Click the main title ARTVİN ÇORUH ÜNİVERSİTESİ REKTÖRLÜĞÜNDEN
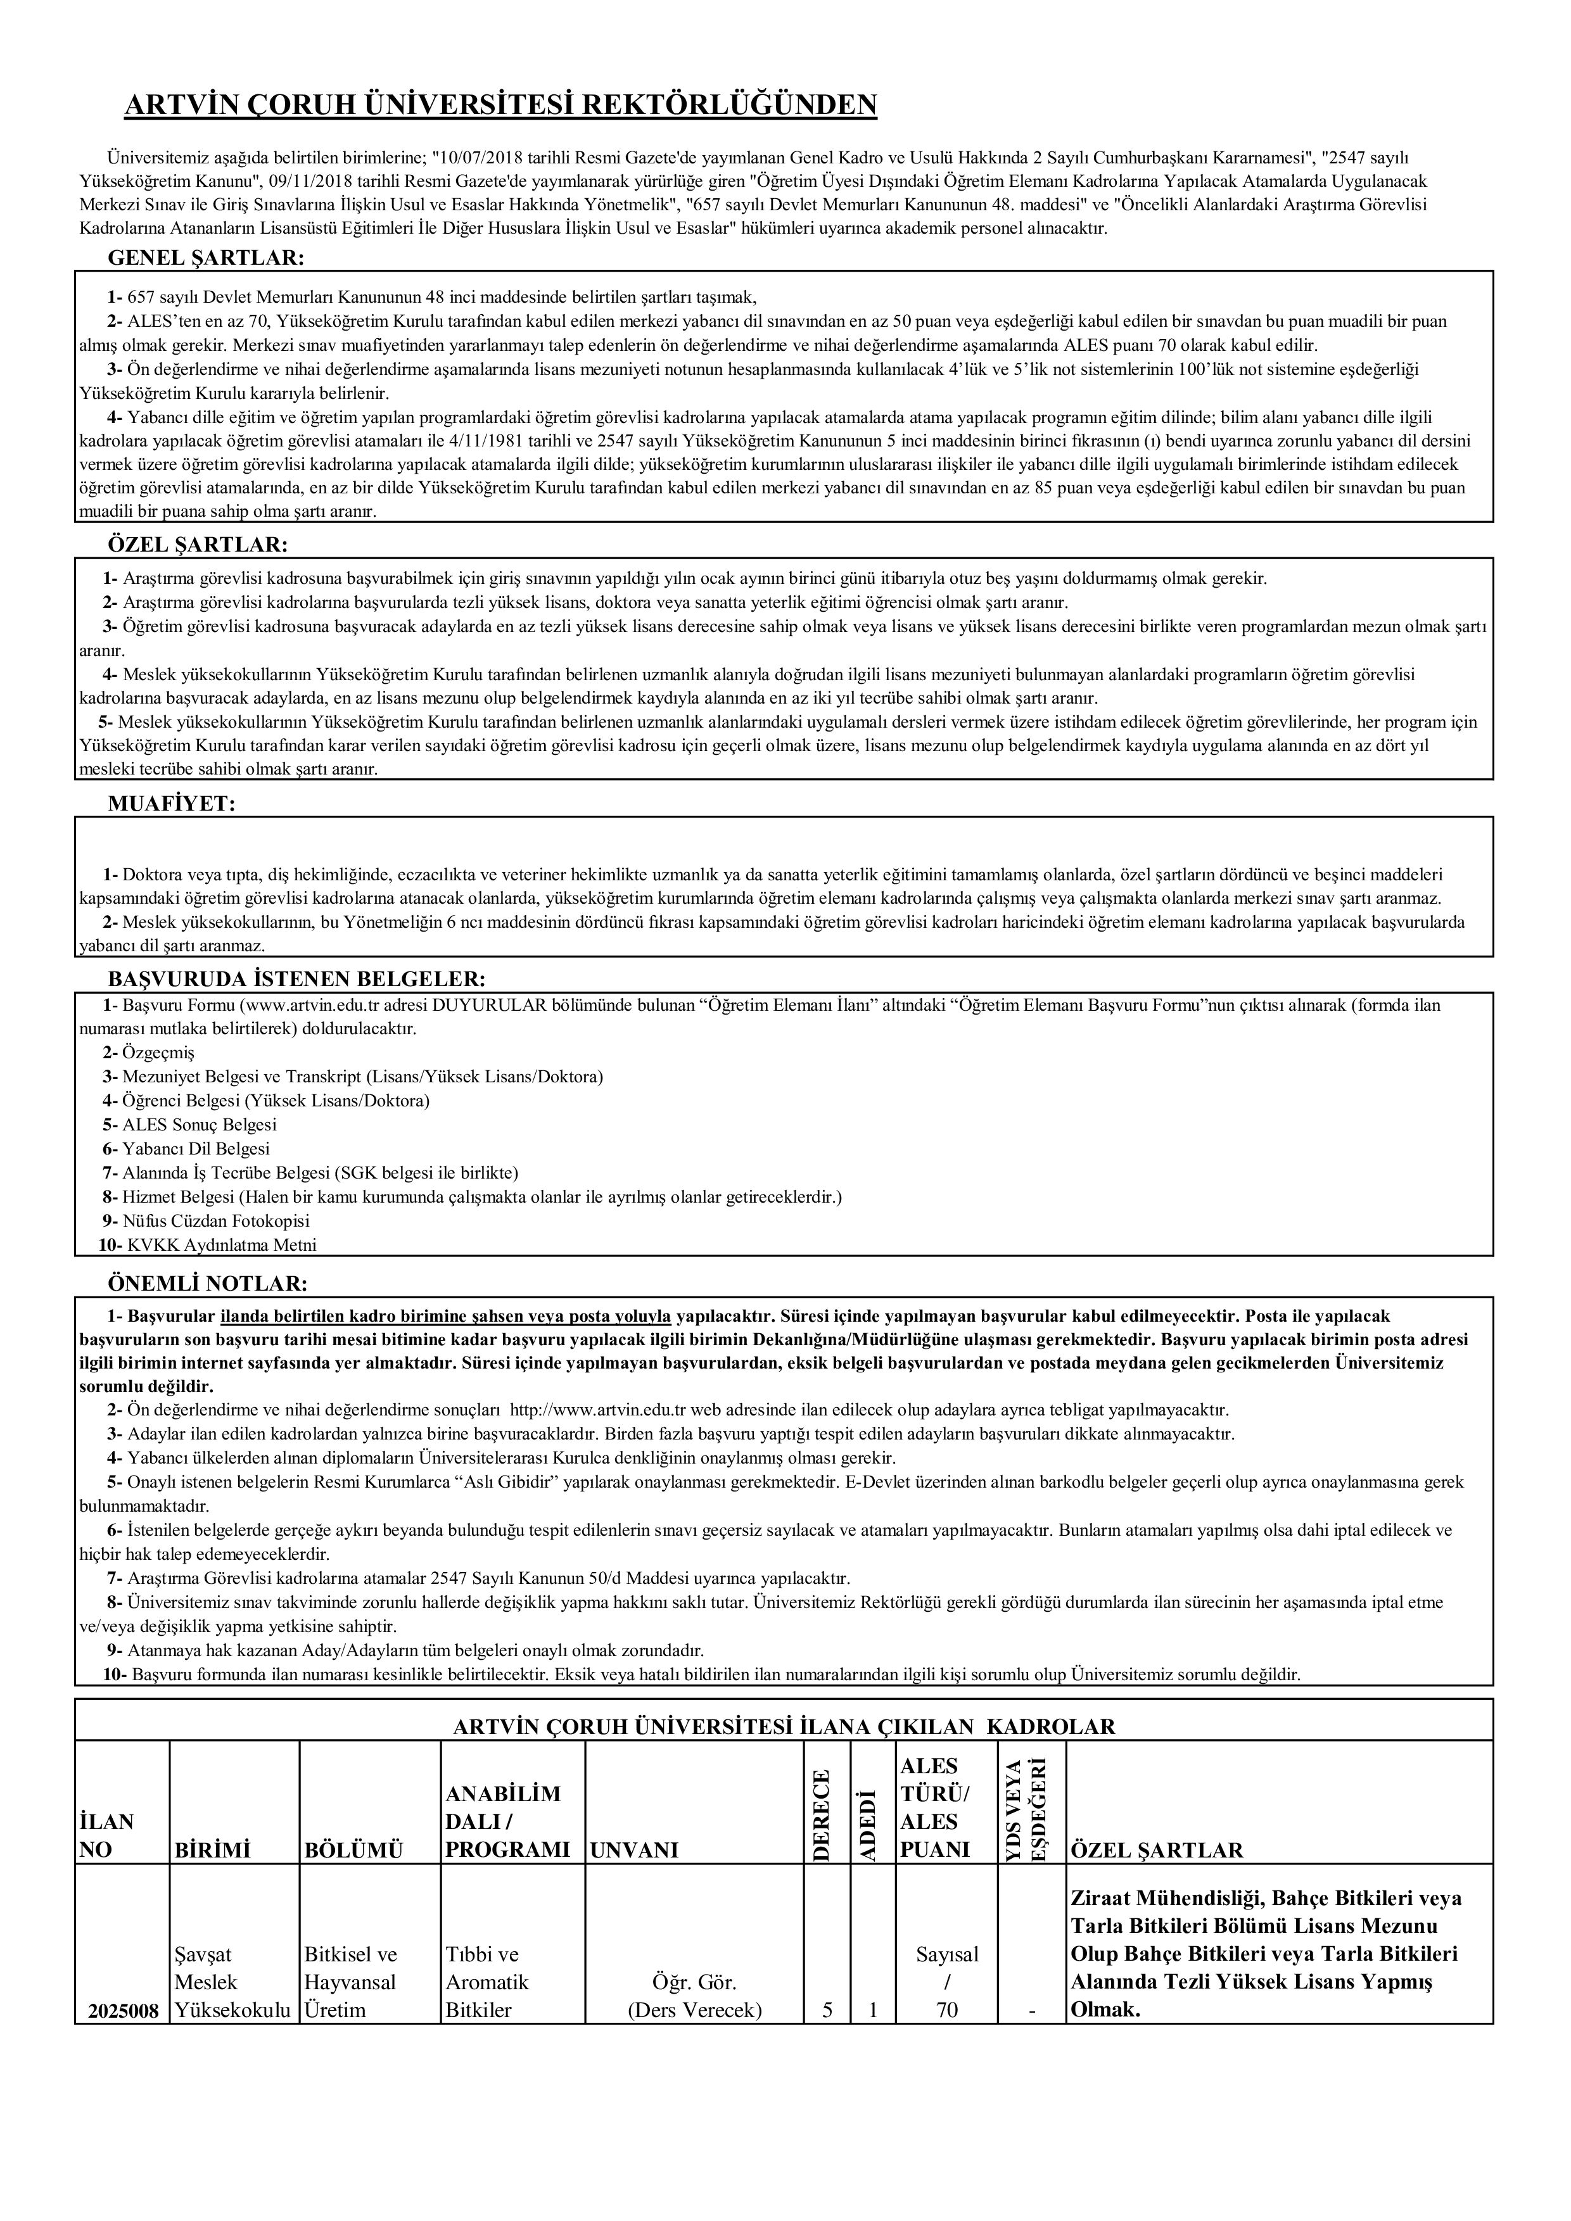(500, 104)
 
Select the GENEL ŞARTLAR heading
(205, 258)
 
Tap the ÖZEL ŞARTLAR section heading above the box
(198, 545)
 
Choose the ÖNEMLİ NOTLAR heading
(207, 1284)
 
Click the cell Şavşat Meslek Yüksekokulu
(232, 1956)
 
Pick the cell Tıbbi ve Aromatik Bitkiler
(488, 1956)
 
